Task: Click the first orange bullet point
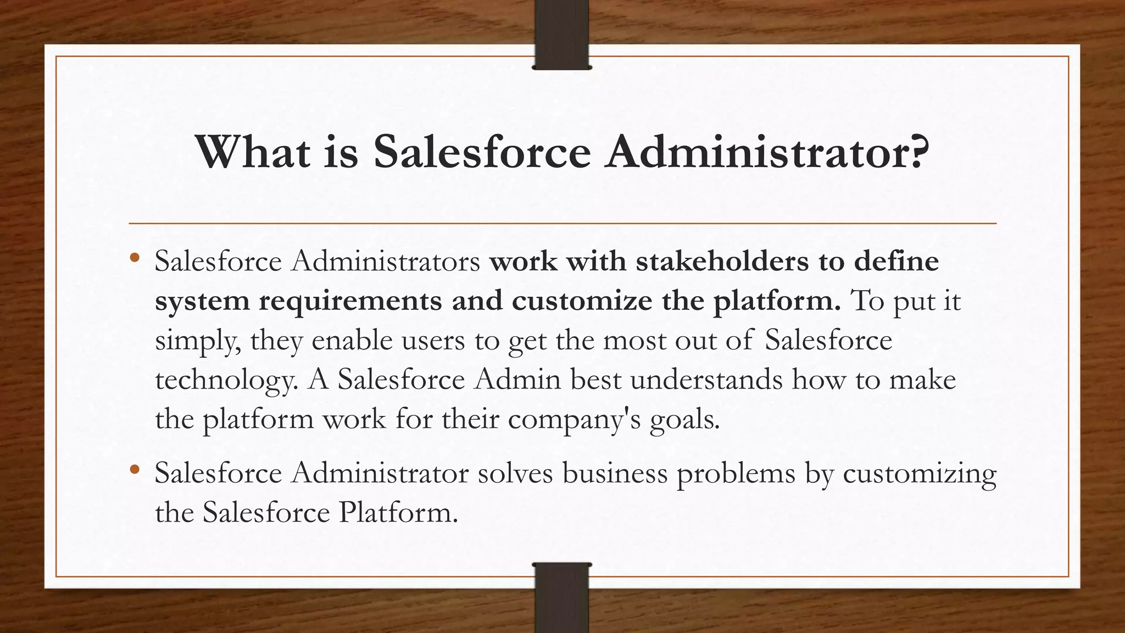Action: point(135,257)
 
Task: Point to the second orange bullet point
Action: point(135,469)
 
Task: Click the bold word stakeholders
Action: point(722,261)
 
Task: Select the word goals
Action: point(684,420)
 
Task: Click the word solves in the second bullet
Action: point(515,473)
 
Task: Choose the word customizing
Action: point(920,474)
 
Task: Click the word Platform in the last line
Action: point(398,513)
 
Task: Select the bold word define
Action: point(896,261)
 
